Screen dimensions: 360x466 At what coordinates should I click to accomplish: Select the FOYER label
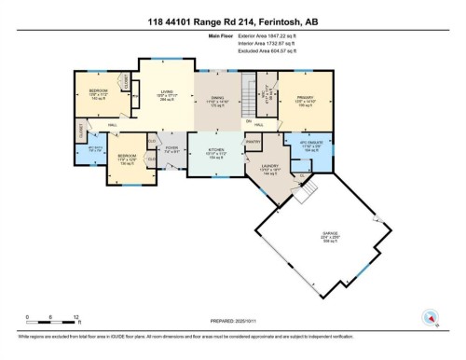point(171,149)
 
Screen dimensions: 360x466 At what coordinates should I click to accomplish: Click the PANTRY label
point(252,141)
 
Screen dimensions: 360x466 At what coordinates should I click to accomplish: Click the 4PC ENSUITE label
point(311,146)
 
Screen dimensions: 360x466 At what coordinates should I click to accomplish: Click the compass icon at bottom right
point(431,316)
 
